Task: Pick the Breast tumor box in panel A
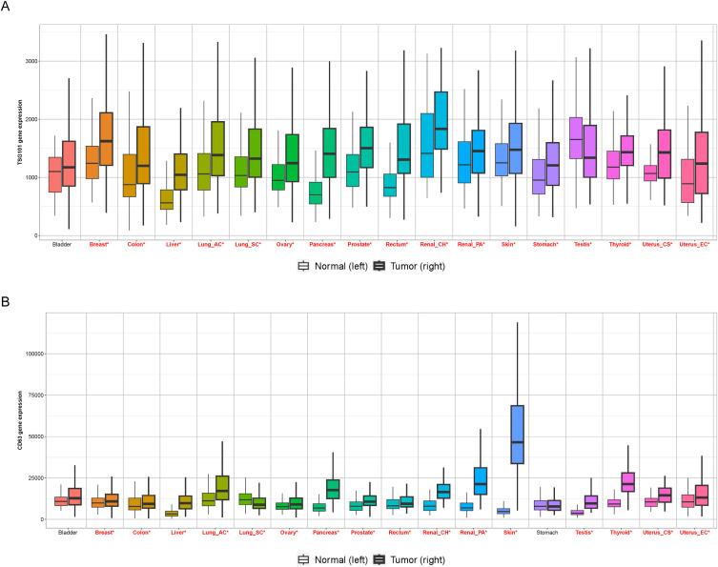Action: pyautogui.click(x=106, y=139)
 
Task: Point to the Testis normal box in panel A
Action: pyautogui.click(x=576, y=138)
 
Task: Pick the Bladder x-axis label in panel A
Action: pyautogui.click(x=62, y=244)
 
